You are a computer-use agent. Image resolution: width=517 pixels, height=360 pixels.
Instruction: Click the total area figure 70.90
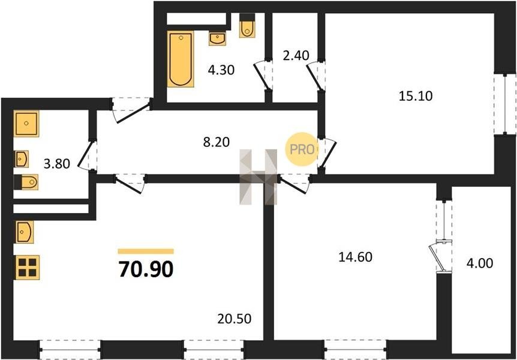(146, 269)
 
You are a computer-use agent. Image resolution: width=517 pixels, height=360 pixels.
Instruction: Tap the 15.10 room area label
(416, 96)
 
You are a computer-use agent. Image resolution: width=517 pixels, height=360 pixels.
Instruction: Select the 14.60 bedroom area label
(356, 257)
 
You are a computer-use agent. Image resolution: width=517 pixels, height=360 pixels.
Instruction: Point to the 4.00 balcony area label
(480, 263)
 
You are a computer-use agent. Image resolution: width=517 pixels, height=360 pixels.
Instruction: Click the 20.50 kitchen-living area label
(235, 319)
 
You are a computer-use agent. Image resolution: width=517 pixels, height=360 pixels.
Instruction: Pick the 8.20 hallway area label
(217, 142)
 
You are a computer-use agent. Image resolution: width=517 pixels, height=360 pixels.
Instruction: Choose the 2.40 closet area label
(296, 55)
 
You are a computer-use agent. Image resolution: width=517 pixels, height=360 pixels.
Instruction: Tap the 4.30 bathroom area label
(221, 70)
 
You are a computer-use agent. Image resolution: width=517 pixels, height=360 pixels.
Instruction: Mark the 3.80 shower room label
(57, 164)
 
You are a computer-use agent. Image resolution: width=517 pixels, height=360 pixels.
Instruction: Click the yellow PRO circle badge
(302, 149)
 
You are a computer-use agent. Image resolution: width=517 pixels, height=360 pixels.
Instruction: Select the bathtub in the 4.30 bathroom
(181, 59)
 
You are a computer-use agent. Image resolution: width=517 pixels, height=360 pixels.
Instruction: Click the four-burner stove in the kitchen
(28, 268)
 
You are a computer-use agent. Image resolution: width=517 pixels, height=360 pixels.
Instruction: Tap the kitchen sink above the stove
(25, 232)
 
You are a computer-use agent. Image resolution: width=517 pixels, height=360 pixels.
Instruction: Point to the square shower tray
(26, 124)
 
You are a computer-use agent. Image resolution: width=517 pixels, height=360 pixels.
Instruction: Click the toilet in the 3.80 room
(26, 182)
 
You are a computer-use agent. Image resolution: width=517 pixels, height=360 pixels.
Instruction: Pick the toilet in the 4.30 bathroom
(247, 25)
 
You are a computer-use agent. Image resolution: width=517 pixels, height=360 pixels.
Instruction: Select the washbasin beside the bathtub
(217, 38)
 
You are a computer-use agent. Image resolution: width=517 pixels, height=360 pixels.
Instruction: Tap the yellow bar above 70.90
(146, 251)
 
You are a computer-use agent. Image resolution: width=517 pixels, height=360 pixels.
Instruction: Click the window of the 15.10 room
(505, 104)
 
